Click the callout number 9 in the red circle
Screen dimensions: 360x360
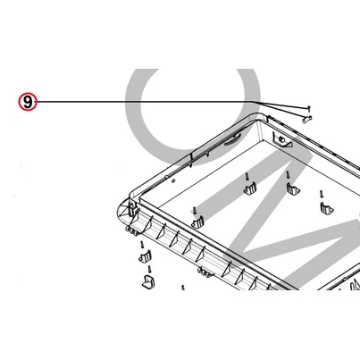(x=28, y=102)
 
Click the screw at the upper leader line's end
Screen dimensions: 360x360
(x=310, y=108)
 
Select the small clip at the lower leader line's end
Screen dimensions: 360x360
(x=307, y=120)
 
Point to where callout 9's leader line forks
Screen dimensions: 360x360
(x=253, y=102)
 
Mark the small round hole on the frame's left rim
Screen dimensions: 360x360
(x=173, y=180)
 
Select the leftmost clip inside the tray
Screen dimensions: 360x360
(x=197, y=222)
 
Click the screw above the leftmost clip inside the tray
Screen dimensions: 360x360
(x=194, y=210)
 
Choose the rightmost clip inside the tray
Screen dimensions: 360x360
(x=327, y=208)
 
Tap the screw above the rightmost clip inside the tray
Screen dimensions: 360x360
(x=322, y=194)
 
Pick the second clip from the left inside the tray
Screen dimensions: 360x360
(x=250, y=188)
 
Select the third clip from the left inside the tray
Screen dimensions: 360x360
(x=293, y=189)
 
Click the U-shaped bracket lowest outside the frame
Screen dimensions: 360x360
(x=149, y=281)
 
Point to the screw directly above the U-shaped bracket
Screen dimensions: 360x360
(x=150, y=269)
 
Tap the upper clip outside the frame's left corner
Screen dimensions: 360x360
(x=146, y=256)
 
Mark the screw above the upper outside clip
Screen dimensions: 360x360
(x=143, y=245)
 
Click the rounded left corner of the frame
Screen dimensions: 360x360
(x=122, y=213)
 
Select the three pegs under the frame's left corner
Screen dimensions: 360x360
(x=132, y=231)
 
